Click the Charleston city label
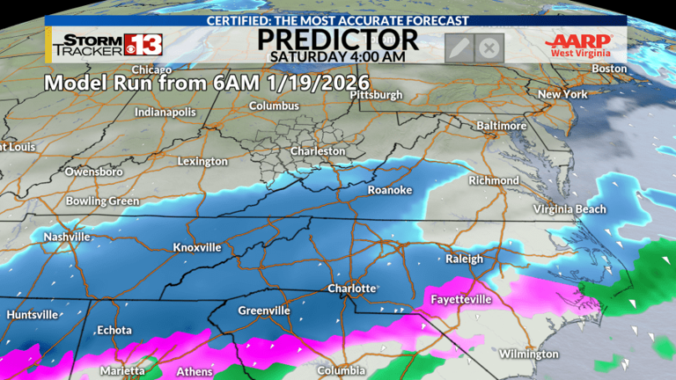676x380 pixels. pos(319,151)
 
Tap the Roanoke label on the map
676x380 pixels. pos(389,190)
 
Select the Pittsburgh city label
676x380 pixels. pos(376,94)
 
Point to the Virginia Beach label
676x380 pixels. pos(570,209)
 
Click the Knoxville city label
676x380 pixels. pos(197,248)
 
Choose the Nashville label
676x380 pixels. pos(68,237)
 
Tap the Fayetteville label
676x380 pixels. pos(460,300)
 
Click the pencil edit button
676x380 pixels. pos(459,47)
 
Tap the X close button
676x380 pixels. pos(489,47)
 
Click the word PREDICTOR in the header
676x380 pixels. pos(338,39)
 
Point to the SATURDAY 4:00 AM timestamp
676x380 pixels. pos(338,56)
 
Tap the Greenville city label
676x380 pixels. pos(264,311)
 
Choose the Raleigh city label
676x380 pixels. pos(464,259)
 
